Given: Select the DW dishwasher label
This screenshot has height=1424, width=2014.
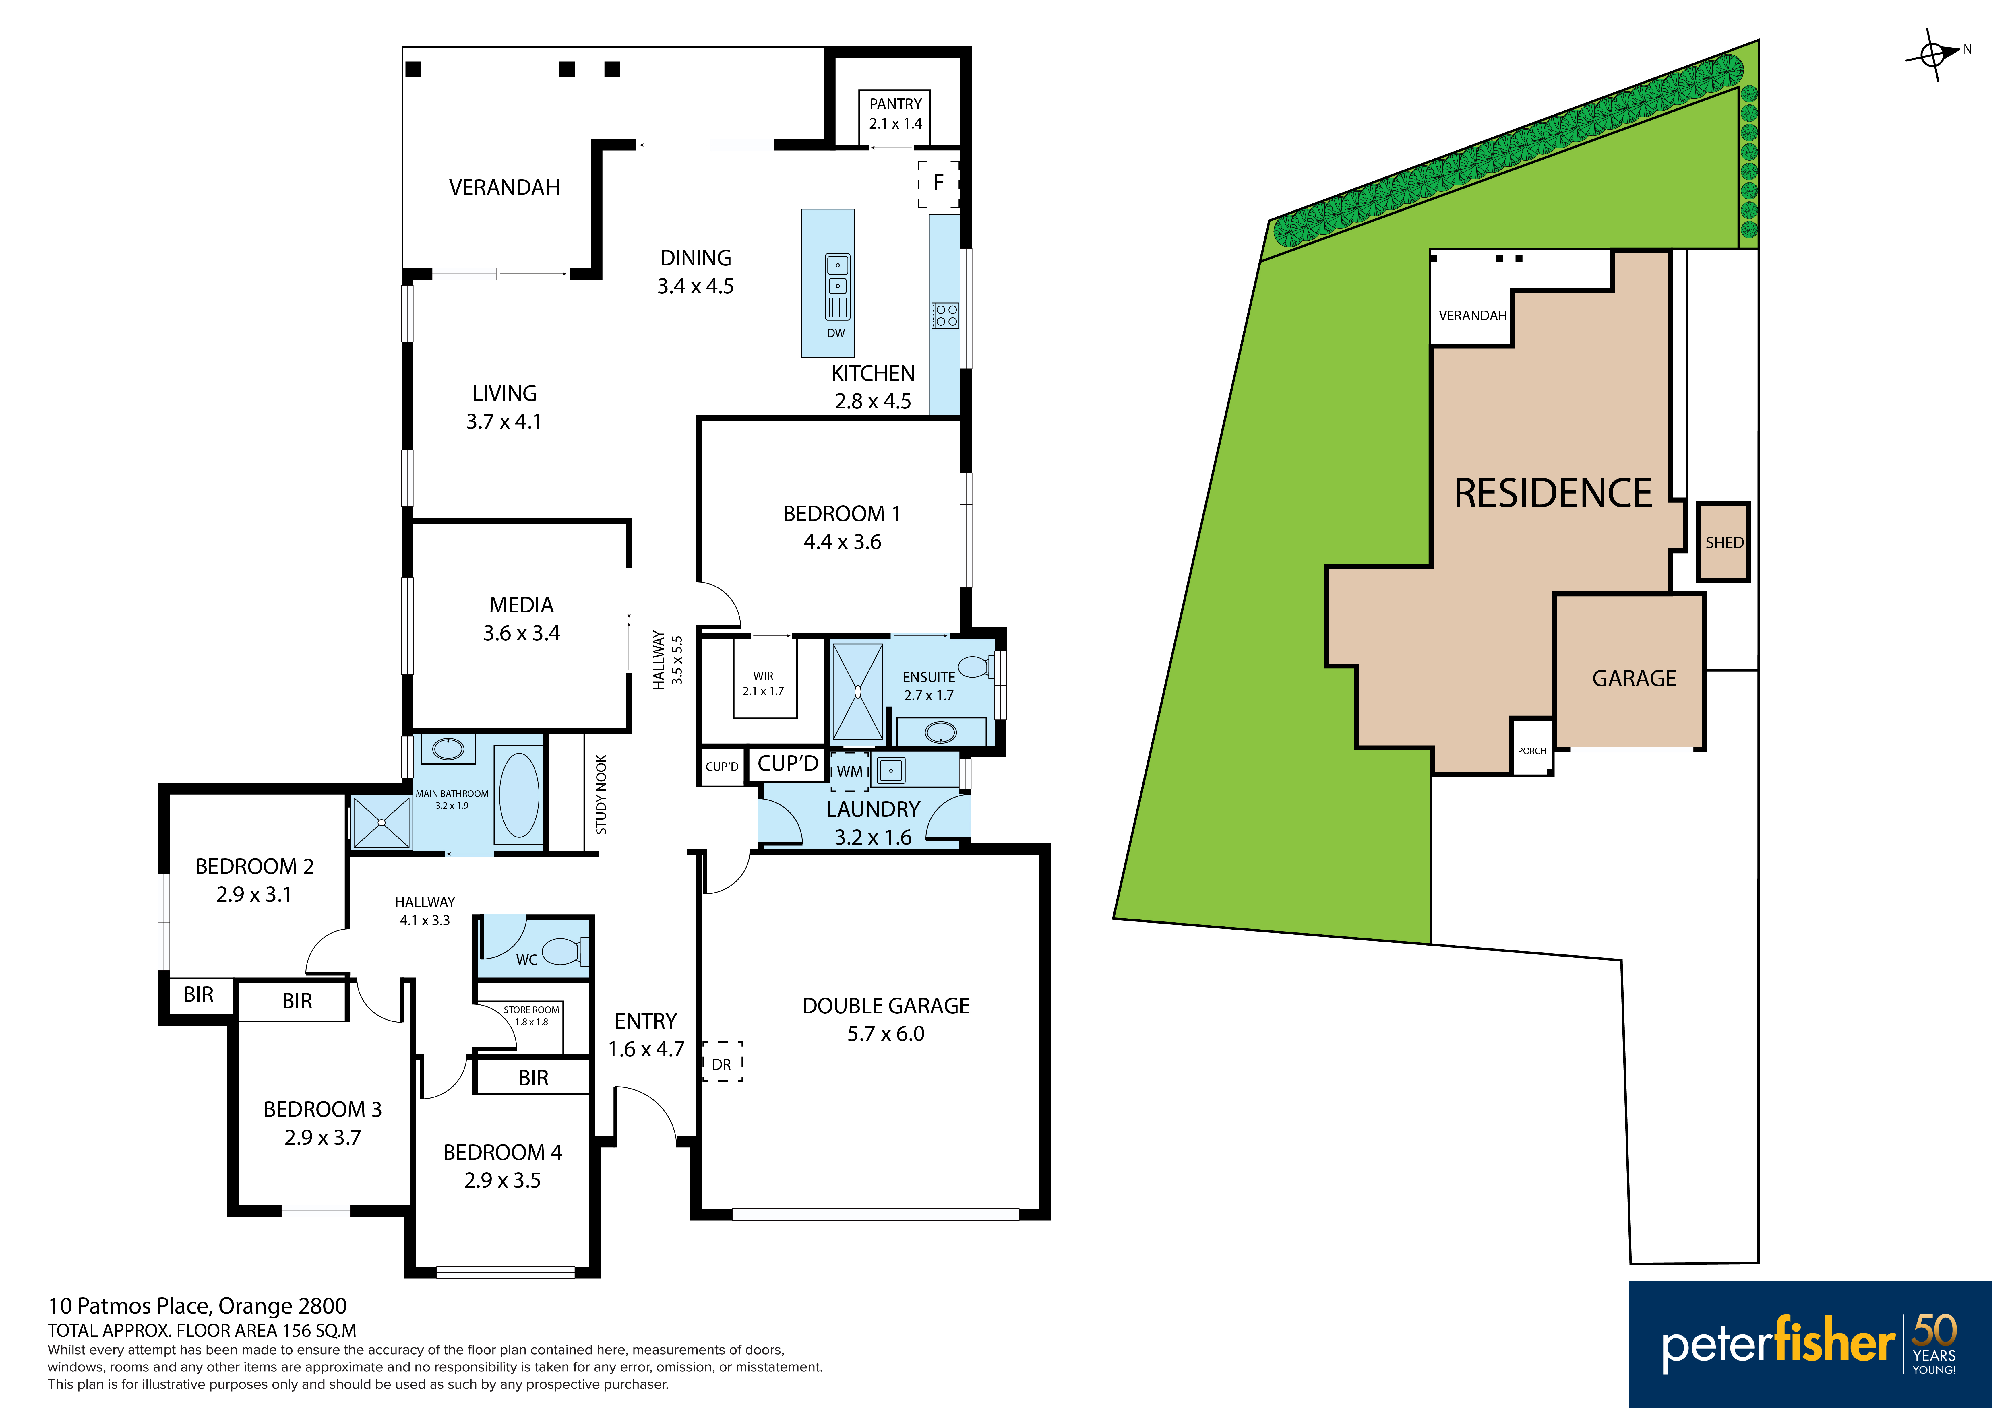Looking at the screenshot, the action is pyautogui.click(x=836, y=333).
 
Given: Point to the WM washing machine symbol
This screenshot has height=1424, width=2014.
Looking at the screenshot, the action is pyautogui.click(x=850, y=772).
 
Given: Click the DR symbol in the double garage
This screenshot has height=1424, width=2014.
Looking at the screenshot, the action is pyautogui.click(x=722, y=1062).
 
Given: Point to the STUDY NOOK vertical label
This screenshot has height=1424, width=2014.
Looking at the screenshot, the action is pyautogui.click(x=601, y=794).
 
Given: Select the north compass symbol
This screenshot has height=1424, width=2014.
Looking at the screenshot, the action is pyautogui.click(x=1934, y=54).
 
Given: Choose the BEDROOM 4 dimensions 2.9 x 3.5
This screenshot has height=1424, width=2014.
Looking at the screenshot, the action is pyautogui.click(x=503, y=1180).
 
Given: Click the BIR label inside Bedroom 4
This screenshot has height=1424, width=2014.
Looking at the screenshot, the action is pyautogui.click(x=533, y=1078).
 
